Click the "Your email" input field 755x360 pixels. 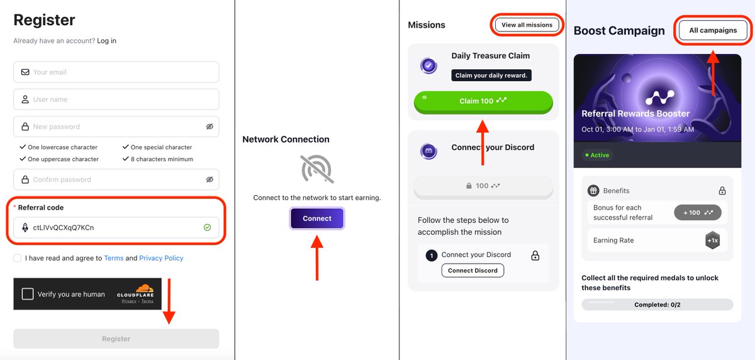point(116,72)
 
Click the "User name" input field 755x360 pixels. point(116,99)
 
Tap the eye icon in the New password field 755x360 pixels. point(210,127)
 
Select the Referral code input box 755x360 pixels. point(116,227)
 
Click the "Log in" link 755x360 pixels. point(106,41)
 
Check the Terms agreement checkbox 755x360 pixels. point(17,258)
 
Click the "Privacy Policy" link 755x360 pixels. point(161,258)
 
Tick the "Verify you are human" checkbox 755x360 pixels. point(28,294)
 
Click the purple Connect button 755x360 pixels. point(317,218)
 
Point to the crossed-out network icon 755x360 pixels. point(317,169)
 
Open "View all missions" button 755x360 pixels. point(527,25)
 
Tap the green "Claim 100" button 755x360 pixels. point(483,101)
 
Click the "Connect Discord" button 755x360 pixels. point(473,271)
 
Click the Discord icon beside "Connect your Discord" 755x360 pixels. point(429,152)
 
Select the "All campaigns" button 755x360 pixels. point(713,30)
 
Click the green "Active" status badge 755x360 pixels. point(597,155)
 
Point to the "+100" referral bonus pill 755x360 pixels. point(698,213)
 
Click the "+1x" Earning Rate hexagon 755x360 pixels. point(712,240)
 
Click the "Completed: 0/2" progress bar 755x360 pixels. point(657,305)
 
